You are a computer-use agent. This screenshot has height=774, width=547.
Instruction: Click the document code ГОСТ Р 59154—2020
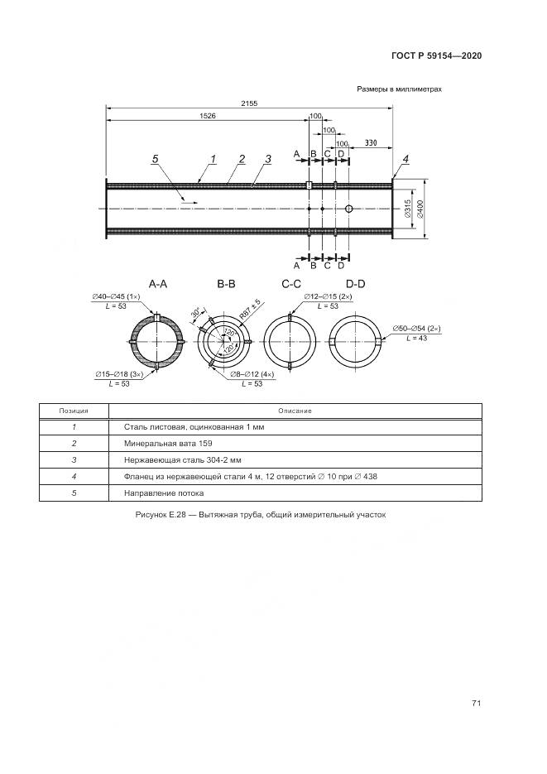click(436, 55)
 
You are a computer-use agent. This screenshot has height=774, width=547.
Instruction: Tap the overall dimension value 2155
click(249, 103)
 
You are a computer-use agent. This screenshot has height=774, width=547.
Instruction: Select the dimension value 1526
click(208, 117)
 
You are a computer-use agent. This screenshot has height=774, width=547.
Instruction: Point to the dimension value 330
click(371, 143)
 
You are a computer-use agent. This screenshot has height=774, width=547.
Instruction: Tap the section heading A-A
click(158, 284)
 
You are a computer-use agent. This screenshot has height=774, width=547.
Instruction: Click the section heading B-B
click(227, 284)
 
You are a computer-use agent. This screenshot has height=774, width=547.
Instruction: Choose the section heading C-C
click(291, 284)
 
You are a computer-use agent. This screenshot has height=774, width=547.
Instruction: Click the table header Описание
click(295, 411)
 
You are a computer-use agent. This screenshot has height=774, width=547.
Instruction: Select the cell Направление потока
click(158, 493)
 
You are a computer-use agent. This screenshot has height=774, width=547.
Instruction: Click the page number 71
click(476, 704)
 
